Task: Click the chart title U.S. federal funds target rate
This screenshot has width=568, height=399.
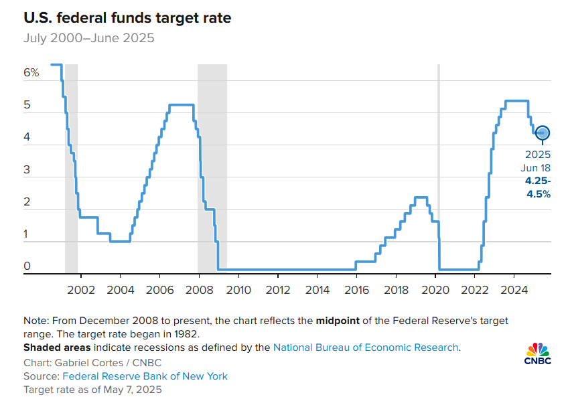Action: pos(127,18)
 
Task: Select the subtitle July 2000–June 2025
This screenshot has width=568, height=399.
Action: pos(88,38)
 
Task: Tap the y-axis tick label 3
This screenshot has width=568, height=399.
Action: pos(27,170)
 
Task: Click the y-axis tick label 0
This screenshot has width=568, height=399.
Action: pos(27,266)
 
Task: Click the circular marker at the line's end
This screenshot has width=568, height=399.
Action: pos(543,133)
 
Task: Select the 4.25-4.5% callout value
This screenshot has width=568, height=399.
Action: pos(537,187)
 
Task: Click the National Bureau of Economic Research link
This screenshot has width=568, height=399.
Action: pos(366,347)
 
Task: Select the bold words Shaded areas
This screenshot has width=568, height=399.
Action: pos(58,347)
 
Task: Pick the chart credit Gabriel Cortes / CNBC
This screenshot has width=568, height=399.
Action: pos(92,363)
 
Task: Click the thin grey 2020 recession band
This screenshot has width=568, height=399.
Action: pos(438,167)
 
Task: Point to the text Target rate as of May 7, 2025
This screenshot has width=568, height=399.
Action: pos(92,389)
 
